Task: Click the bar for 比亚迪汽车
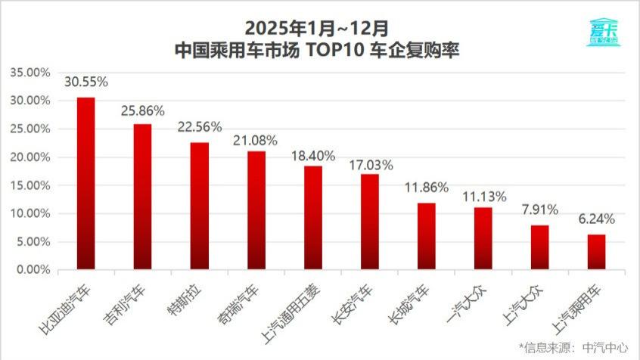[86, 183]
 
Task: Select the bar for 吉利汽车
[143, 197]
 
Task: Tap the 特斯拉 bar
[200, 206]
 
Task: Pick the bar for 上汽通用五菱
[313, 218]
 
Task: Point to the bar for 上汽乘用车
[597, 252]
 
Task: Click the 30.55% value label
[86, 81]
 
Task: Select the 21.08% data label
[256, 140]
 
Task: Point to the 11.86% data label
[427, 187]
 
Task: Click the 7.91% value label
[540, 209]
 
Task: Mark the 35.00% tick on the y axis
[30, 73]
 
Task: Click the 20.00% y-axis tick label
[30, 157]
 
